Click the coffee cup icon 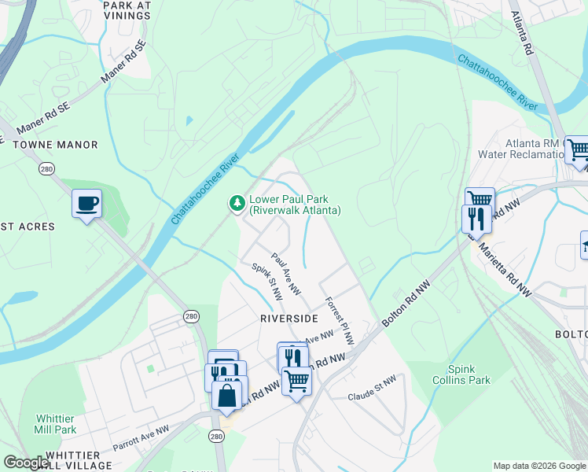(86, 204)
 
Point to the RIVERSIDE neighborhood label (290, 318)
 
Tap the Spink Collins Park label (469, 374)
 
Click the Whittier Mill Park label (56, 424)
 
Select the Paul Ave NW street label (287, 274)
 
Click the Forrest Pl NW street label (339, 320)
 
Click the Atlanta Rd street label (522, 32)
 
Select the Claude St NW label (373, 385)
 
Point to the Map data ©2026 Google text (539, 466)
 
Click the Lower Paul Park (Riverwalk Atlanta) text (295, 205)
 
